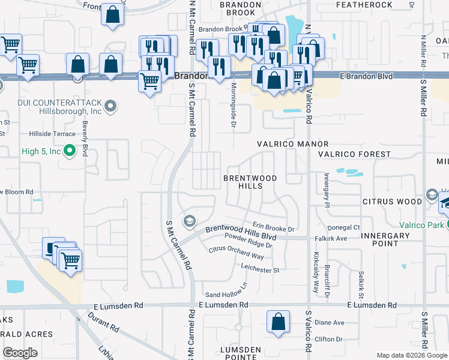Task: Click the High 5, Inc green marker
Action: pyautogui.click(x=70, y=151)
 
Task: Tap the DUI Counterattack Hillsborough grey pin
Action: pyautogui.click(x=110, y=107)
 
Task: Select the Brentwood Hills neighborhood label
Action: pyautogui.click(x=250, y=182)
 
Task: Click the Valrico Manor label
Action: pyautogui.click(x=292, y=144)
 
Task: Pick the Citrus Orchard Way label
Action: pyautogui.click(x=236, y=253)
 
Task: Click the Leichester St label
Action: pyautogui.click(x=261, y=270)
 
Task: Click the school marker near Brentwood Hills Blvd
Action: pyautogui.click(x=190, y=222)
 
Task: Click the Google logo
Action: pyautogui.click(x=21, y=352)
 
